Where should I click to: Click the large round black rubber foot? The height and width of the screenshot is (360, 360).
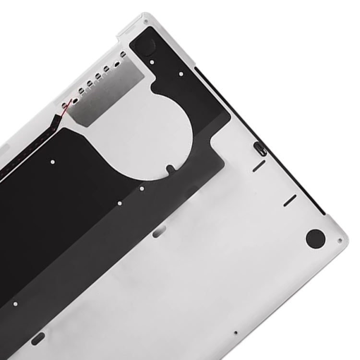(315, 238)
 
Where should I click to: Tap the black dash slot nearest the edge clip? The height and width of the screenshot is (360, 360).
(259, 166)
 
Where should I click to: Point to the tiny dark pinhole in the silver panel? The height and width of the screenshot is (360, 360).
(235, 332)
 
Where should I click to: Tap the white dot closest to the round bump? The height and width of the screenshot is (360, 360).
(152, 62)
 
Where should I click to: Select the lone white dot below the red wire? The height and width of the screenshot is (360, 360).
(52, 162)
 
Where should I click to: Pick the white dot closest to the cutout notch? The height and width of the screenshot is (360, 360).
(142, 189)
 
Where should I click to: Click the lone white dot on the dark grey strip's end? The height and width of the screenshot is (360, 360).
(15, 304)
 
